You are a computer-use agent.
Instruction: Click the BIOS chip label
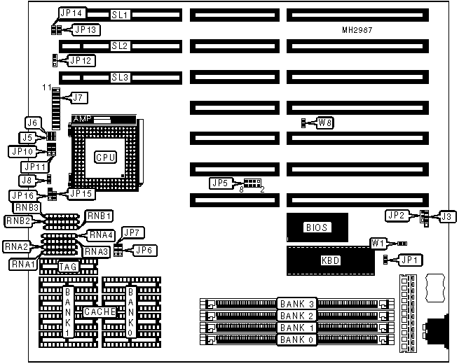tap(316, 227)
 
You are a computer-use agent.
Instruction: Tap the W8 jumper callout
tap(325, 123)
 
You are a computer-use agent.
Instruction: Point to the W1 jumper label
tap(378, 244)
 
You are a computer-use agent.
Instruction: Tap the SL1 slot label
tap(119, 15)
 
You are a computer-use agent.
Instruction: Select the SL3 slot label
tap(119, 77)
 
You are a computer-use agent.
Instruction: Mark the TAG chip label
tap(68, 266)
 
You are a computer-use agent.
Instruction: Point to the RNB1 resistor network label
tap(98, 216)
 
